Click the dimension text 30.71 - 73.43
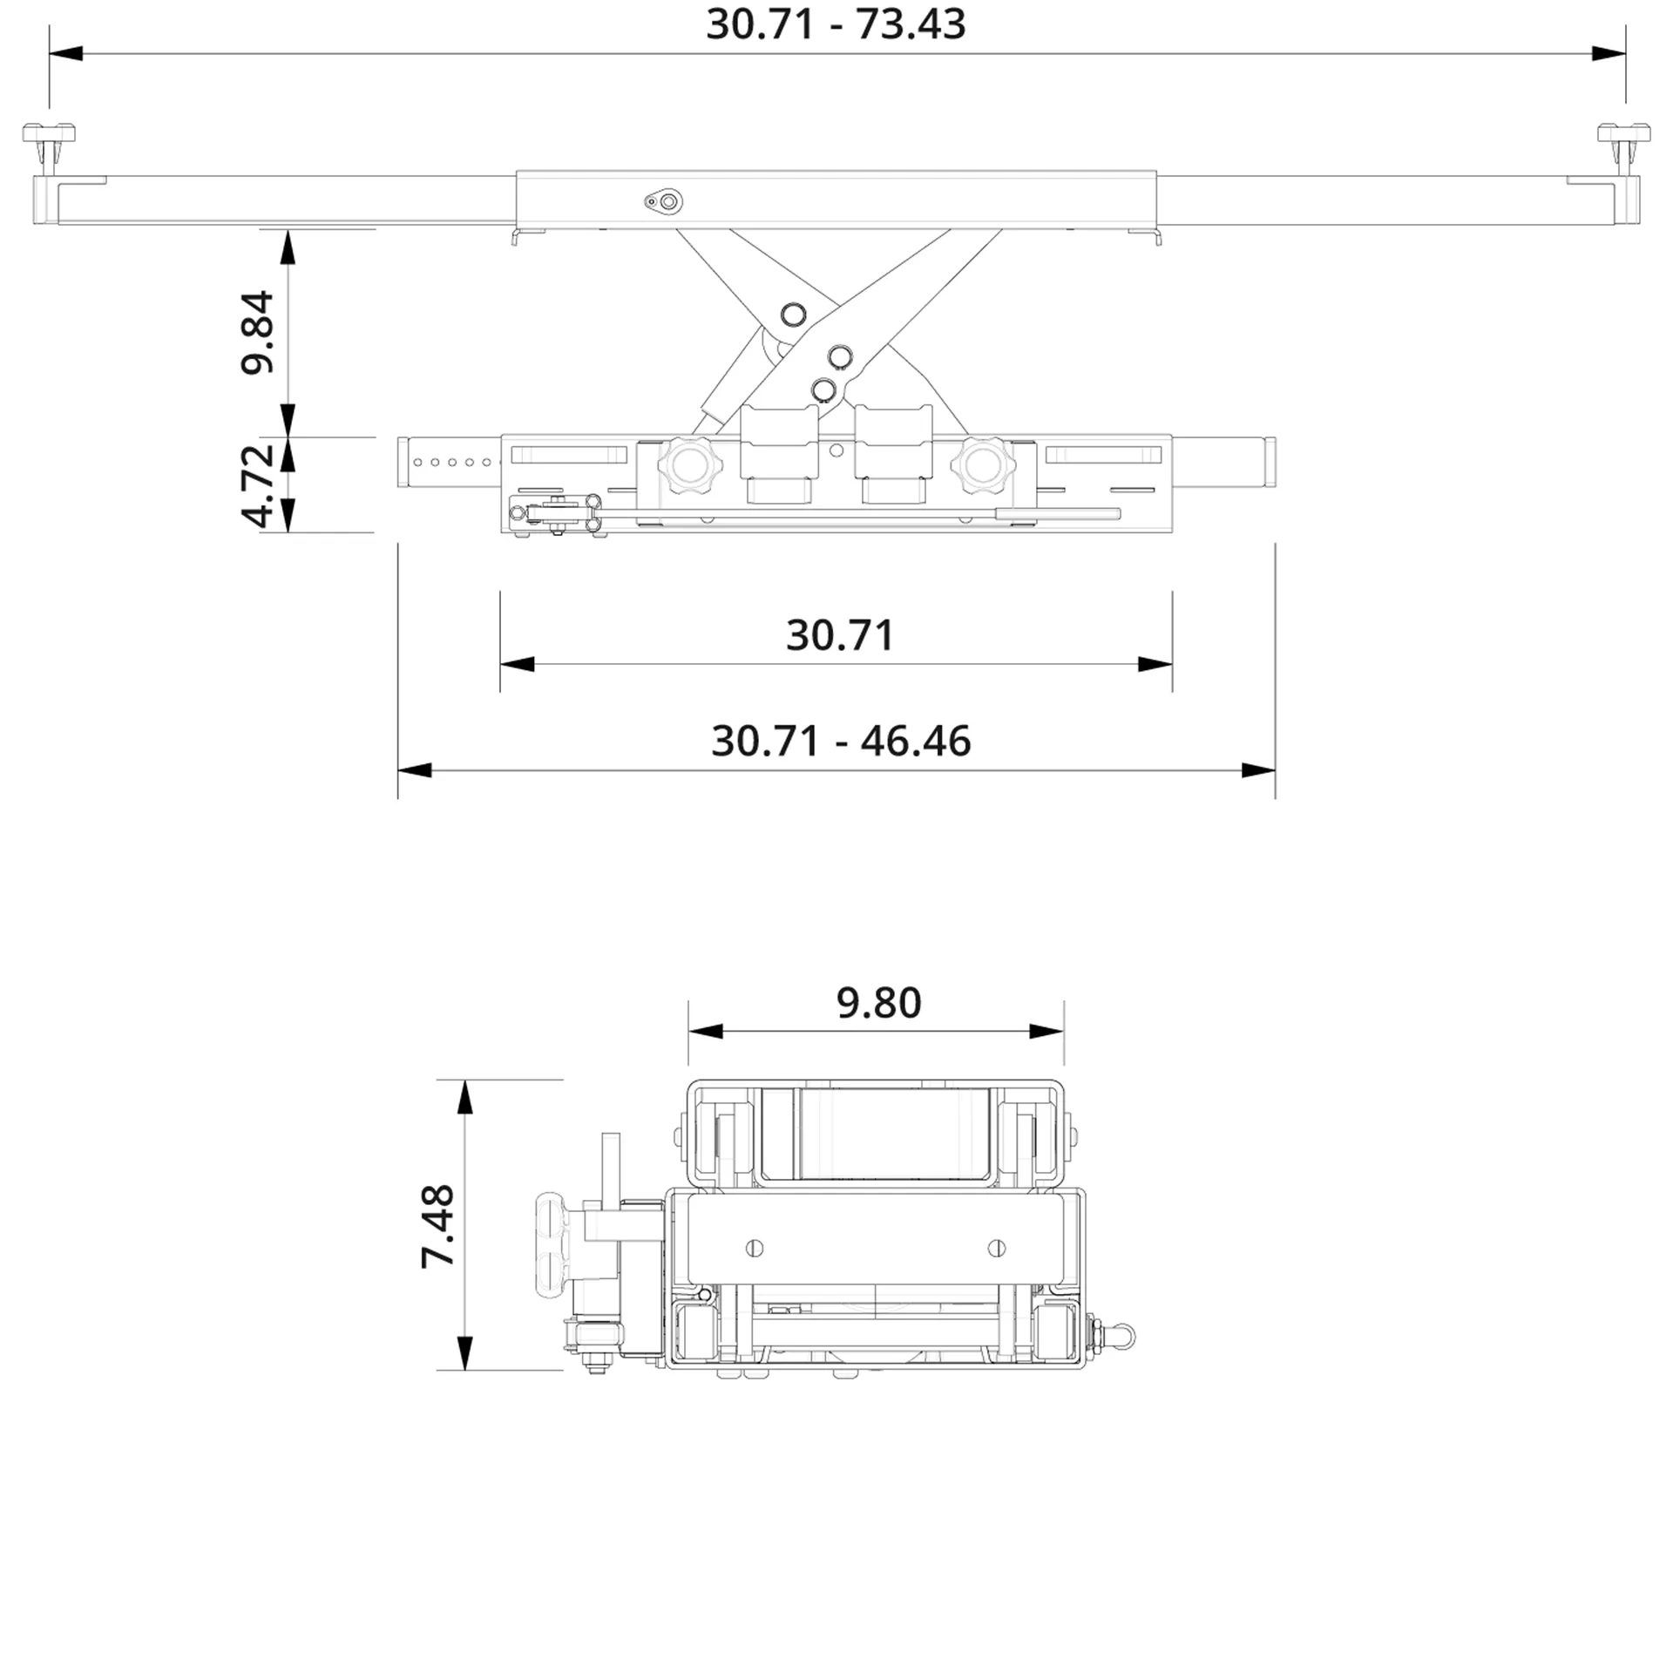point(836,24)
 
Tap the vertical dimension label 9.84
point(258,333)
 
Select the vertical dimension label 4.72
point(258,485)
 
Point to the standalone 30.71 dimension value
point(840,635)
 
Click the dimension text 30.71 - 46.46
point(841,741)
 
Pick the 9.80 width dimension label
point(878,1003)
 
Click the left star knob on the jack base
point(690,463)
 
